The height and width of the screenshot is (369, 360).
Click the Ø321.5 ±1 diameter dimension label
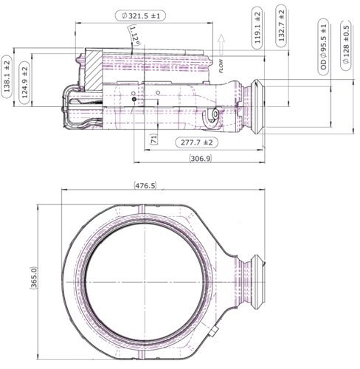point(140,15)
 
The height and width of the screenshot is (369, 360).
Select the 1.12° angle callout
point(134,36)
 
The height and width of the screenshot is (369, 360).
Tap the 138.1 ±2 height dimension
point(7,77)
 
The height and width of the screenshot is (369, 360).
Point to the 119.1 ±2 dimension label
point(257,28)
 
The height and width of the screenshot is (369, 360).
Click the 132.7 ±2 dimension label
point(281,26)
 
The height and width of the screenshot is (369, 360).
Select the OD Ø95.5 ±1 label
point(323,46)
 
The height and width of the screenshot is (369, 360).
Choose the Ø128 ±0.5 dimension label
point(346,46)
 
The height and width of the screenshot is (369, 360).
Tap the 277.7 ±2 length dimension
point(196,142)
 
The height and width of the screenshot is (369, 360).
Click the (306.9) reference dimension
point(201,158)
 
